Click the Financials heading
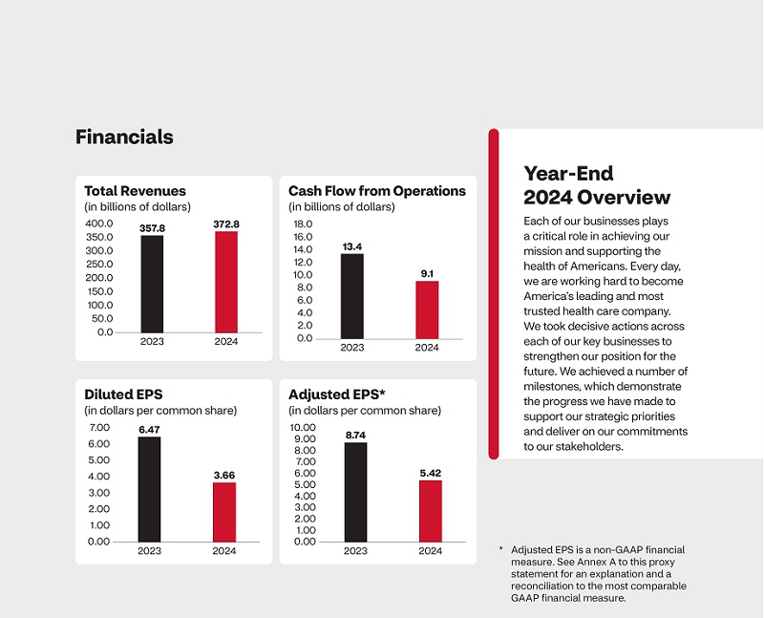click(124, 137)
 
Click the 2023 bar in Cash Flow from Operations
click(351, 295)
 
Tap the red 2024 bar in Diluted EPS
click(223, 511)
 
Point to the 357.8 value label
click(153, 227)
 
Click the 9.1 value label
click(427, 274)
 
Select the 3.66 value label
click(223, 475)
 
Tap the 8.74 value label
click(355, 435)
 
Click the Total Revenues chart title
click(135, 191)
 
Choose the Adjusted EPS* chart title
click(336, 394)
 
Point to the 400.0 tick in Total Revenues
click(99, 224)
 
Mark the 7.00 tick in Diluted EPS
click(98, 427)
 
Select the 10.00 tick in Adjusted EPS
click(302, 427)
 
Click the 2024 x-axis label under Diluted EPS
click(224, 551)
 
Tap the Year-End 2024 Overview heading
click(597, 185)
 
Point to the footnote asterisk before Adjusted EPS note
click(500, 549)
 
